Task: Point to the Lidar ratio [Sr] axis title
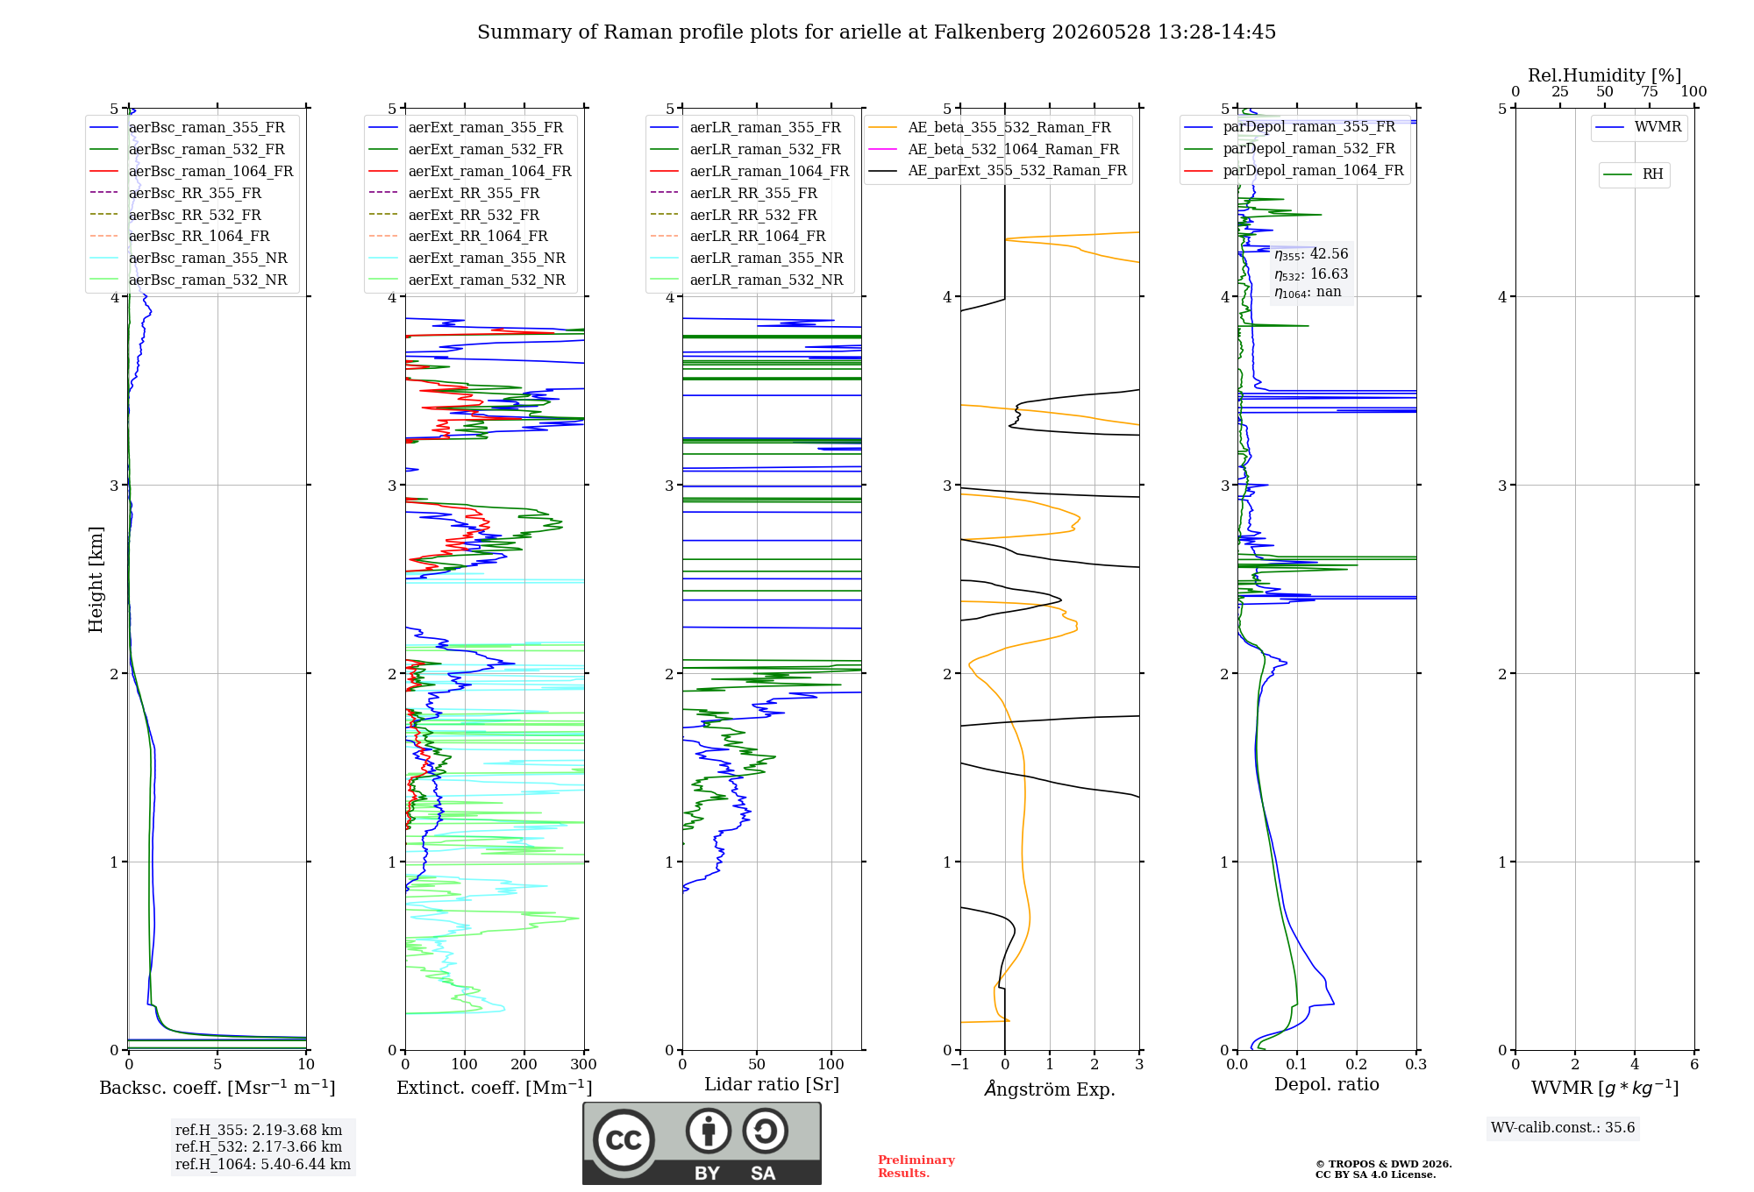pos(772,1084)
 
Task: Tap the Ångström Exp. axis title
pos(1050,1089)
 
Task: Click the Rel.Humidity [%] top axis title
pos(1605,75)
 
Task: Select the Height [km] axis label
pos(96,579)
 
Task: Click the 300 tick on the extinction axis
pos(583,1064)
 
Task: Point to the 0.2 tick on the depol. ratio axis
pos(1357,1064)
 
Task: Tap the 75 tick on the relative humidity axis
pos(1650,91)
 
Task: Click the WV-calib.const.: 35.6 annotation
pos(1563,1127)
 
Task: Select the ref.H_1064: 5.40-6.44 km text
pos(263,1164)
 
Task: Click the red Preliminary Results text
pos(916,1167)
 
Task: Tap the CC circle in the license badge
pos(624,1139)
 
